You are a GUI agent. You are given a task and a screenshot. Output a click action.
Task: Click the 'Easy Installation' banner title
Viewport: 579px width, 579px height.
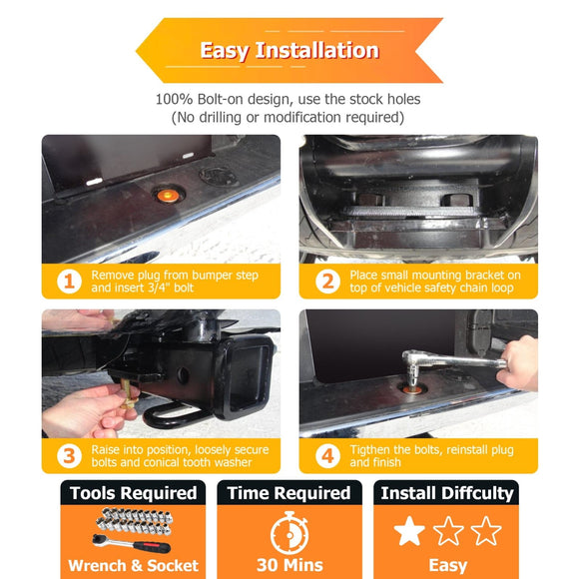click(289, 50)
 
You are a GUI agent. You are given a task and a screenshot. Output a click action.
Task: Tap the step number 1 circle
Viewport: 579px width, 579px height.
click(69, 282)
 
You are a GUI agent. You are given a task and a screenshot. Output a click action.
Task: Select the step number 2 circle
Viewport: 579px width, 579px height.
click(327, 282)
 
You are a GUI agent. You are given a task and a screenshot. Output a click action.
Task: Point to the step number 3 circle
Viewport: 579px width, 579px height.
click(69, 456)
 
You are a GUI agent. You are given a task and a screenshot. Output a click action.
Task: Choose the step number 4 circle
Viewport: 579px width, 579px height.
click(327, 456)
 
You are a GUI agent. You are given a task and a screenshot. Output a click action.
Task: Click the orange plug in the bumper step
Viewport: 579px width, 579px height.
click(166, 195)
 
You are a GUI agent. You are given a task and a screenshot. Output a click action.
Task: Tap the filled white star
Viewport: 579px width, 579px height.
click(409, 531)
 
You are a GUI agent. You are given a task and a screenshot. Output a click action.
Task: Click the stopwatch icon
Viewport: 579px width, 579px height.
click(289, 532)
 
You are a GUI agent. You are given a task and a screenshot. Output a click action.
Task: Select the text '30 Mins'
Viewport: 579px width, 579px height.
click(289, 565)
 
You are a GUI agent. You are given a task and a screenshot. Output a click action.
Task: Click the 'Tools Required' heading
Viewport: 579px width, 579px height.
click(134, 493)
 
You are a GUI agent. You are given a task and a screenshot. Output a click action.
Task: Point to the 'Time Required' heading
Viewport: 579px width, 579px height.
click(289, 493)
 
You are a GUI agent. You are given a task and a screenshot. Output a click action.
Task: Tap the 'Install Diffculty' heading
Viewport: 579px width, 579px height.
click(447, 493)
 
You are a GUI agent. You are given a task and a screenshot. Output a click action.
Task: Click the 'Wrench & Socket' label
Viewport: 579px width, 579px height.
click(134, 565)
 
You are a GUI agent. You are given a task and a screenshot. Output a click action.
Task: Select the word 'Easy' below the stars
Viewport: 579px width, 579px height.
click(447, 566)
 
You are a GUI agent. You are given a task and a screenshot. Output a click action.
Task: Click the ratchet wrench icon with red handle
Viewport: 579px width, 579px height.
click(131, 543)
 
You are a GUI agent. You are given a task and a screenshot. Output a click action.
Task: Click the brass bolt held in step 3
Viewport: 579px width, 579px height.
click(127, 394)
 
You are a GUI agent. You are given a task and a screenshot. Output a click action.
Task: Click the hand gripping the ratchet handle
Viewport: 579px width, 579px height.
click(518, 363)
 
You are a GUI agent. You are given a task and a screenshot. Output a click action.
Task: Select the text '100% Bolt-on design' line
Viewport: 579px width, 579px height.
click(289, 99)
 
